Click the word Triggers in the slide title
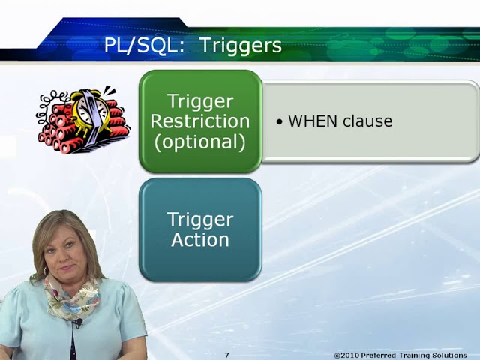[241, 46]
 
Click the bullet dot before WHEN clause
[280, 121]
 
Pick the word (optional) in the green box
[200, 142]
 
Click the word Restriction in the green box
[200, 121]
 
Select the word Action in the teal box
[200, 240]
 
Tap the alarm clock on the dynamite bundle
[88, 109]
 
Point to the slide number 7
[226, 355]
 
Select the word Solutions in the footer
[448, 355]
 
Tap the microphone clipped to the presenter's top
[77, 323]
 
